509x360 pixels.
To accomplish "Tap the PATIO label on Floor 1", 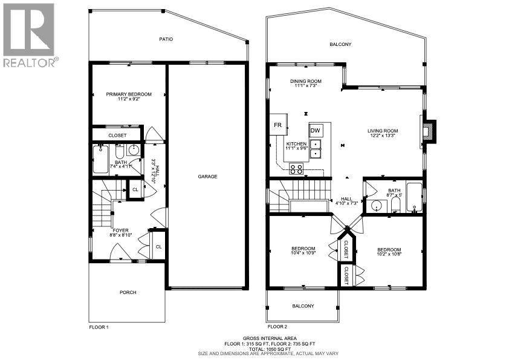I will coord(166,39).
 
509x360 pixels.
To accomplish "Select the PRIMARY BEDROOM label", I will coord(129,94).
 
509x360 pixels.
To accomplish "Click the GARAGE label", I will coord(207,177).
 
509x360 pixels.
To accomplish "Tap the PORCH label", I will coord(128,292).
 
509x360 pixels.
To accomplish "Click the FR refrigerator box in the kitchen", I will coord(278,125).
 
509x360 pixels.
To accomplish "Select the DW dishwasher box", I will coord(316,131).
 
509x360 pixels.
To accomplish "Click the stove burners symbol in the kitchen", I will coord(297,169).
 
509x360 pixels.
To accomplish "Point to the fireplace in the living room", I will coord(429,131).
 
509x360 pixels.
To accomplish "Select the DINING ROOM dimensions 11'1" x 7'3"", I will coord(306,86).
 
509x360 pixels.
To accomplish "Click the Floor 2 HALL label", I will coord(346,198).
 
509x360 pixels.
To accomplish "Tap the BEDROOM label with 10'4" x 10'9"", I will coord(303,248).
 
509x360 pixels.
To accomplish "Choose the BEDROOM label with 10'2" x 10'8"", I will coord(389,249).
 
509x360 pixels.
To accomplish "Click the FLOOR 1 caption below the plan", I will coord(99,327).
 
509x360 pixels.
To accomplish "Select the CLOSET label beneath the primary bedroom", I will coord(117,136).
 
